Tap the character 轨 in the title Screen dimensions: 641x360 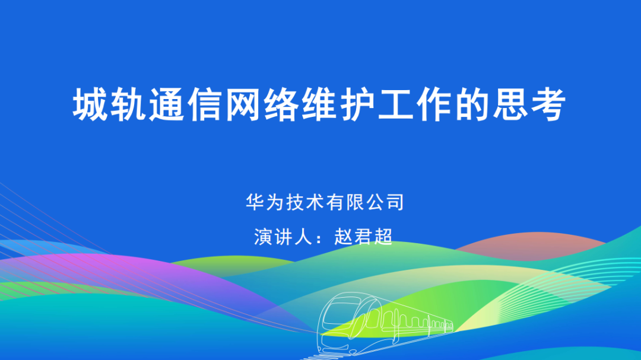(129, 104)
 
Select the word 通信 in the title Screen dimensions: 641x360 (186, 104)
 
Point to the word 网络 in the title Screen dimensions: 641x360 (262, 104)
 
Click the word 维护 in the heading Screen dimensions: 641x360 (339, 104)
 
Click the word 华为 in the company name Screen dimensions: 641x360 (265, 202)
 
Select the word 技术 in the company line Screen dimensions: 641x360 (304, 202)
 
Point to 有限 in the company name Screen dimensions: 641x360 (345, 202)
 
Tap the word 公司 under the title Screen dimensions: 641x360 (385, 202)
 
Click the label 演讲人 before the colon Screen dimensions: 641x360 (283, 237)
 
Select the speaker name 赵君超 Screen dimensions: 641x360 (363, 237)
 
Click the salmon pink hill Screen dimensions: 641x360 (531, 244)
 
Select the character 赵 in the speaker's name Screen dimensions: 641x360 (344, 237)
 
